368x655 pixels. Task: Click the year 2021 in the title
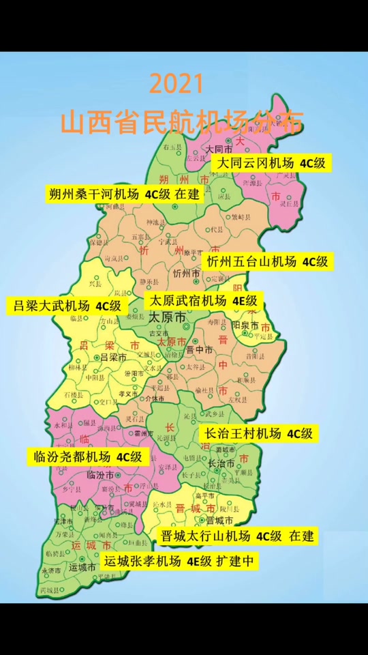pyautogui.click(x=177, y=85)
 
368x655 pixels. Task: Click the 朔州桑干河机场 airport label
pyautogui.click(x=124, y=193)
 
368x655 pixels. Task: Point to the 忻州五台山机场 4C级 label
pyautogui.click(x=267, y=261)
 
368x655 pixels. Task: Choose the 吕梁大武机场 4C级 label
pyautogui.click(x=67, y=305)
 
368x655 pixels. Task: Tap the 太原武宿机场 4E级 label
pyautogui.click(x=204, y=300)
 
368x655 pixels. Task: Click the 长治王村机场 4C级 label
pyautogui.click(x=258, y=433)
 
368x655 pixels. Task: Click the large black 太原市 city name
pyautogui.click(x=167, y=318)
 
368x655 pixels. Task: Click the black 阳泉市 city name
pyautogui.click(x=245, y=326)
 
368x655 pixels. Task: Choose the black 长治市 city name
pyautogui.click(x=221, y=463)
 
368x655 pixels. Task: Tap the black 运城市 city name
pyautogui.click(x=82, y=567)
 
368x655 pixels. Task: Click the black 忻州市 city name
pyautogui.click(x=186, y=274)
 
